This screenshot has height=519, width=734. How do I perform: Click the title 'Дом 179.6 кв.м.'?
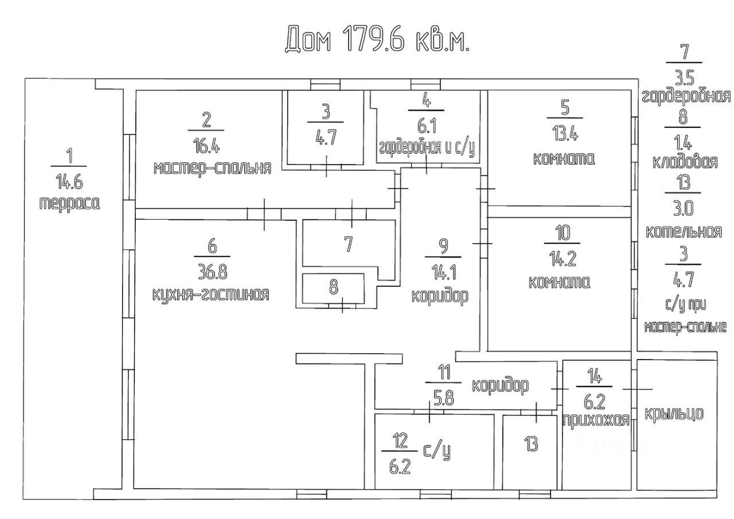[377, 40]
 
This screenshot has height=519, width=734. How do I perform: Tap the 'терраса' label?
[69, 203]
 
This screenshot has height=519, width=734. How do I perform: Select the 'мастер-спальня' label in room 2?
[212, 168]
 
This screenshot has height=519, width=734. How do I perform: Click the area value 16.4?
[207, 146]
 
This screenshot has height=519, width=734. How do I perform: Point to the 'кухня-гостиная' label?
[210, 294]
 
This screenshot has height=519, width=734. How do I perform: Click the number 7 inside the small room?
[348, 244]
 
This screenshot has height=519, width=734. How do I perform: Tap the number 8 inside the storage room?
[334, 286]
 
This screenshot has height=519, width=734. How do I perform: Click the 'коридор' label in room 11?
[499, 385]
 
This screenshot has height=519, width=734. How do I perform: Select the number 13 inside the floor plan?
[531, 443]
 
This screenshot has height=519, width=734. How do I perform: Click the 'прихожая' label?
[596, 419]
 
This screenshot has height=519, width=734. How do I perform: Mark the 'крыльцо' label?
[674, 413]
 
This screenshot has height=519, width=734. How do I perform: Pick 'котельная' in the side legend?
[684, 232]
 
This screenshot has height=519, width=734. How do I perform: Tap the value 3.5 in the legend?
[684, 78]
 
